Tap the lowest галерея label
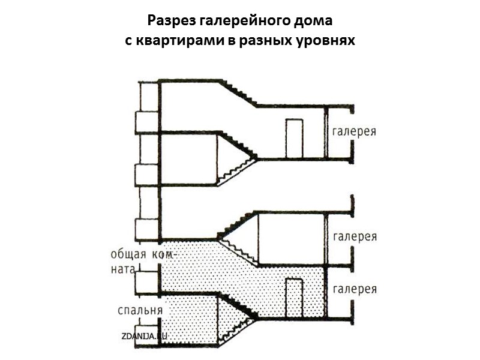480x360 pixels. (x=355, y=289)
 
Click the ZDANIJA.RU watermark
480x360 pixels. (x=142, y=337)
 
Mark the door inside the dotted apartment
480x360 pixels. (x=293, y=298)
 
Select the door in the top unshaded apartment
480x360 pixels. (x=293, y=138)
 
